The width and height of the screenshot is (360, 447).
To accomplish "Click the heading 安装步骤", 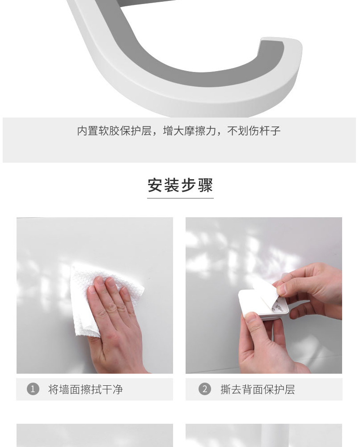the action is pos(180,186).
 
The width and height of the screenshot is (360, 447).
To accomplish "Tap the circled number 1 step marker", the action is pos(33,389).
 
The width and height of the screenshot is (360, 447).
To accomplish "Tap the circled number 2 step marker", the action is pos(204,389).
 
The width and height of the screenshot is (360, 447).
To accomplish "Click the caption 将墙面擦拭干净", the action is pos(85,389).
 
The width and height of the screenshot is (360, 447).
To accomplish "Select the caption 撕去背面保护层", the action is pos(258,389).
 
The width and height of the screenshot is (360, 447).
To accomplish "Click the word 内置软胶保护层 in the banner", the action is pos(114,131).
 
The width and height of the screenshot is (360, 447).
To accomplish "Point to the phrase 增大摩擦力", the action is pos(189,131).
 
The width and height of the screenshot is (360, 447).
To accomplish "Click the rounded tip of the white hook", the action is pos(281,43).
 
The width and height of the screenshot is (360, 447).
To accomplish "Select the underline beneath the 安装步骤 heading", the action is pos(180,198).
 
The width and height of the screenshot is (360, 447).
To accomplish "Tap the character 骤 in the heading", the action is pos(205,186).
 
